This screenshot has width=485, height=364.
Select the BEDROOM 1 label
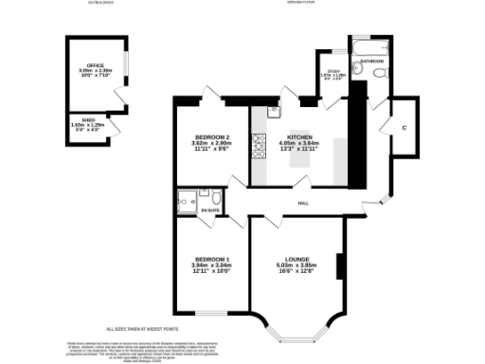pyautogui.click(x=213, y=259)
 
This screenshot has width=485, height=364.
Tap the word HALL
pyautogui.click(x=303, y=204)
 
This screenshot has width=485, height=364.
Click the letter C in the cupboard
pyautogui.click(x=404, y=128)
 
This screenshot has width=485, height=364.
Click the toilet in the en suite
pyautogui.click(x=216, y=198)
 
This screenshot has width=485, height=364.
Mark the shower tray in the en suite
pyautogui.click(x=187, y=200)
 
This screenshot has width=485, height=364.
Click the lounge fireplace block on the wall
pyautogui.click(x=339, y=265)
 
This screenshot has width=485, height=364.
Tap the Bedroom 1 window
pyautogui.click(x=208, y=314)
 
